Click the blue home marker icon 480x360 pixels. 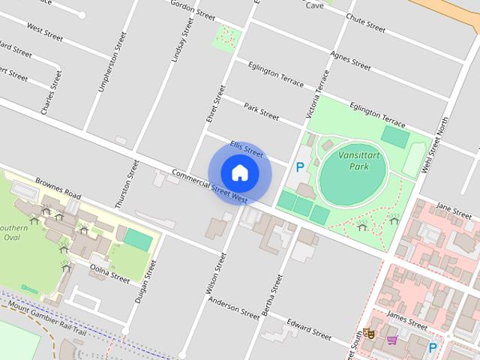click(x=240, y=172)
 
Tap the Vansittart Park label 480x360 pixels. click(x=353, y=160)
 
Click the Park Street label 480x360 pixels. click(x=261, y=112)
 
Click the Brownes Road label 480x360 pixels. click(x=58, y=187)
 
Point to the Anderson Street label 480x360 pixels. click(x=233, y=305)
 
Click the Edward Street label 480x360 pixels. click(x=308, y=328)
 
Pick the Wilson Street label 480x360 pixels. click(x=216, y=273)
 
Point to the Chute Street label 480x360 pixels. click(x=365, y=24)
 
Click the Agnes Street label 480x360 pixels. click(x=350, y=61)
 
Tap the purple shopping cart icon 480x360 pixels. click(x=391, y=340)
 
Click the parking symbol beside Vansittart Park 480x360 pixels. click(x=300, y=168)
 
